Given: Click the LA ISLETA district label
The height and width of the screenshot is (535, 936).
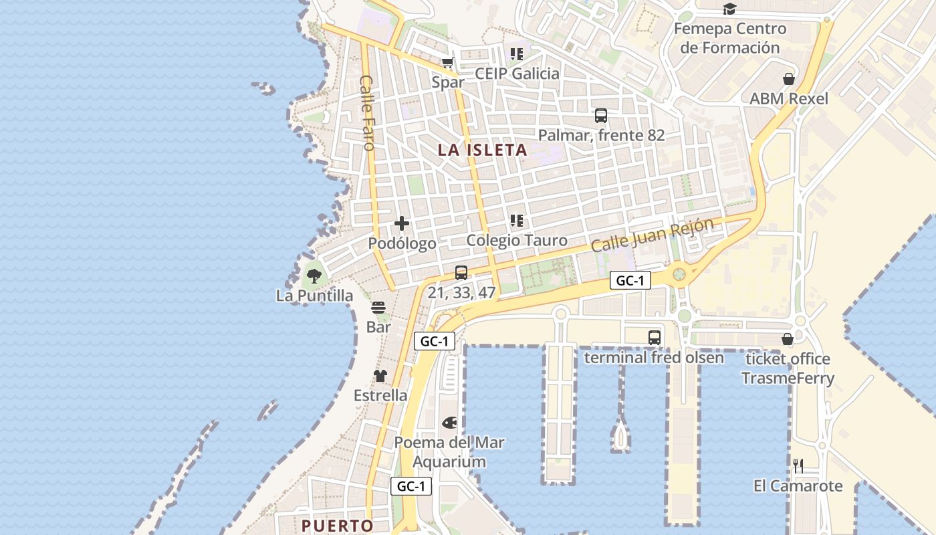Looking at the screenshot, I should coord(483,150).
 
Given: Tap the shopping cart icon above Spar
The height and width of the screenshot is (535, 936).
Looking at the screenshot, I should coord(448,63).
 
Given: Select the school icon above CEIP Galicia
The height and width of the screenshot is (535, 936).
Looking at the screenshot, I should coord(516,53).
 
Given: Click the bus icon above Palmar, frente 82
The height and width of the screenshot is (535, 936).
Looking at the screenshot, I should coord(601,116).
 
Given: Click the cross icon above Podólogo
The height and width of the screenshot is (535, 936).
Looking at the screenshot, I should coord(402,223).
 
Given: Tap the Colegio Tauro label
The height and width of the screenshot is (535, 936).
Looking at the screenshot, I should coord(517,240).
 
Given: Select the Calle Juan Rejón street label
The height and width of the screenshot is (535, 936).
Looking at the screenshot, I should coord(652,235).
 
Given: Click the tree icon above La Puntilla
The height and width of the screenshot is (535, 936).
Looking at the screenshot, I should coord(314,275).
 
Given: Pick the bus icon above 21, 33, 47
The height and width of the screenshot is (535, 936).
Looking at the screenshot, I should coord(461,273).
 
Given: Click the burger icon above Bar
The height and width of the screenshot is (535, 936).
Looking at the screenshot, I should coord(378,308).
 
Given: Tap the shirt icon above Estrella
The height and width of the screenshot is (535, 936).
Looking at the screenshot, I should coord(380,376).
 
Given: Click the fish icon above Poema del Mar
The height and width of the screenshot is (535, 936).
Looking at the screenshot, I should coord(449,423).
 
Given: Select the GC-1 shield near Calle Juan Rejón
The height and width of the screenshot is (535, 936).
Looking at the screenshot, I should coord(630,281).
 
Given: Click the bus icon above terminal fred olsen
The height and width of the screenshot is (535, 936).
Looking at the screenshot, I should coord(655,338).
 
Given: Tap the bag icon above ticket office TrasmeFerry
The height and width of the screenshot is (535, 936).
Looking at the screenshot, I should coord(788,339).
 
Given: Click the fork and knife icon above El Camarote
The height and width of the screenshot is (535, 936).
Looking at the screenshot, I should coord(798,466).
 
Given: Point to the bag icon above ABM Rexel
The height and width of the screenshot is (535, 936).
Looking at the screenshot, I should coord(789,79).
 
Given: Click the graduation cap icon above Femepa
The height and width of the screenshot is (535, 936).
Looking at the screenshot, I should coord(729,9).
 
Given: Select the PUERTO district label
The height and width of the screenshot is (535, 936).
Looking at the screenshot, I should coord(337,526).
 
